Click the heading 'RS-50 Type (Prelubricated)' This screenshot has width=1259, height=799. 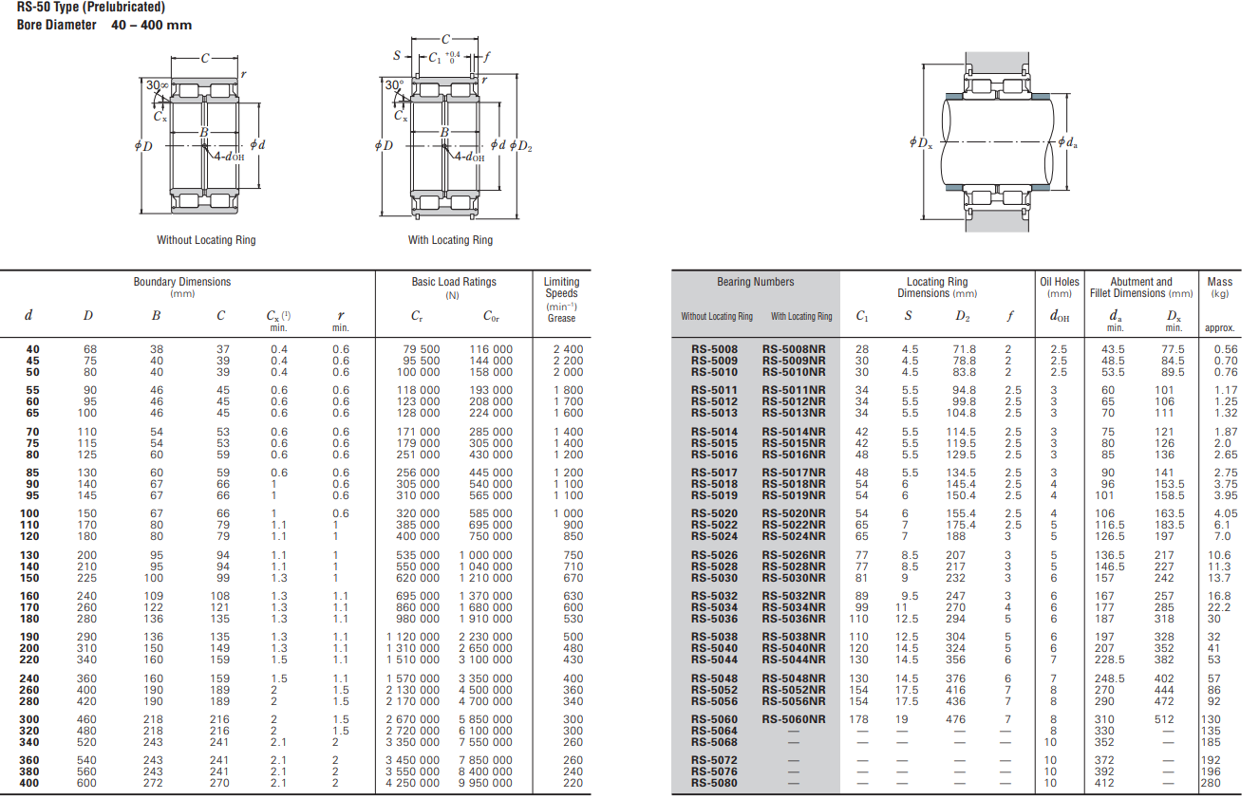(x=90, y=7)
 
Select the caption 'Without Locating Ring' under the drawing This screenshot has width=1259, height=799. (x=206, y=240)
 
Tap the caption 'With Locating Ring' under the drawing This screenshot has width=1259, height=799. (x=450, y=240)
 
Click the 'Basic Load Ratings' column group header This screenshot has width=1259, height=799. (x=454, y=282)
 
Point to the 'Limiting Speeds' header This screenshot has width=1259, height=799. (x=561, y=288)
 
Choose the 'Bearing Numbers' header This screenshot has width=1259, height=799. (x=755, y=282)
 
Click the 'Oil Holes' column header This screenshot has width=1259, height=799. (x=1059, y=282)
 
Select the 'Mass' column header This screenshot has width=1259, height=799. (x=1219, y=282)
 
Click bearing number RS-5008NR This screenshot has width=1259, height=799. (x=794, y=349)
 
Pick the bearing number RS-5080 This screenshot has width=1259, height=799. (x=714, y=783)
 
